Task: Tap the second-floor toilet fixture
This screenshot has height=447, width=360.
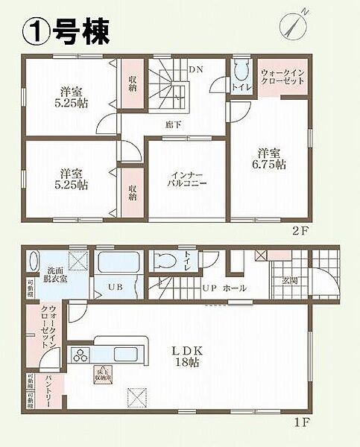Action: (x=240, y=72)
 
